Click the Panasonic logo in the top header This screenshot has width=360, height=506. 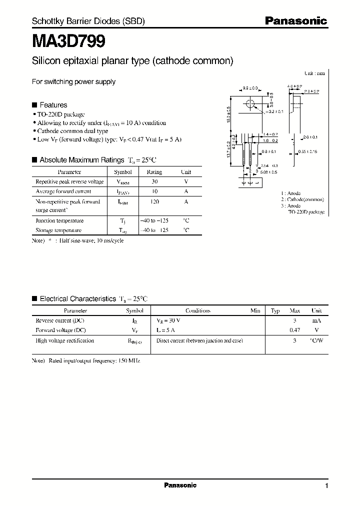click(x=295, y=21)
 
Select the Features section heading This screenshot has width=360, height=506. click(x=53, y=105)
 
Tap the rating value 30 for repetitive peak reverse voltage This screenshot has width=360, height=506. click(x=154, y=181)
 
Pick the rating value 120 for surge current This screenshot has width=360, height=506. click(x=154, y=201)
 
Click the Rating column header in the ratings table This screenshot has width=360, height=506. click(x=154, y=171)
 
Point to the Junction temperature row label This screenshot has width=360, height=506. click(x=59, y=220)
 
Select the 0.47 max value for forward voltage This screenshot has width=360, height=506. click(x=295, y=330)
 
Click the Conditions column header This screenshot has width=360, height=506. click(x=198, y=310)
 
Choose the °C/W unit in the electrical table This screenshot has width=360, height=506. click(x=317, y=340)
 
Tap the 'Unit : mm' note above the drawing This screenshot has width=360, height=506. click(x=314, y=73)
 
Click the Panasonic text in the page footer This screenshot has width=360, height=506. click(x=180, y=485)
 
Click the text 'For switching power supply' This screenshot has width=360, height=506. click(x=73, y=81)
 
